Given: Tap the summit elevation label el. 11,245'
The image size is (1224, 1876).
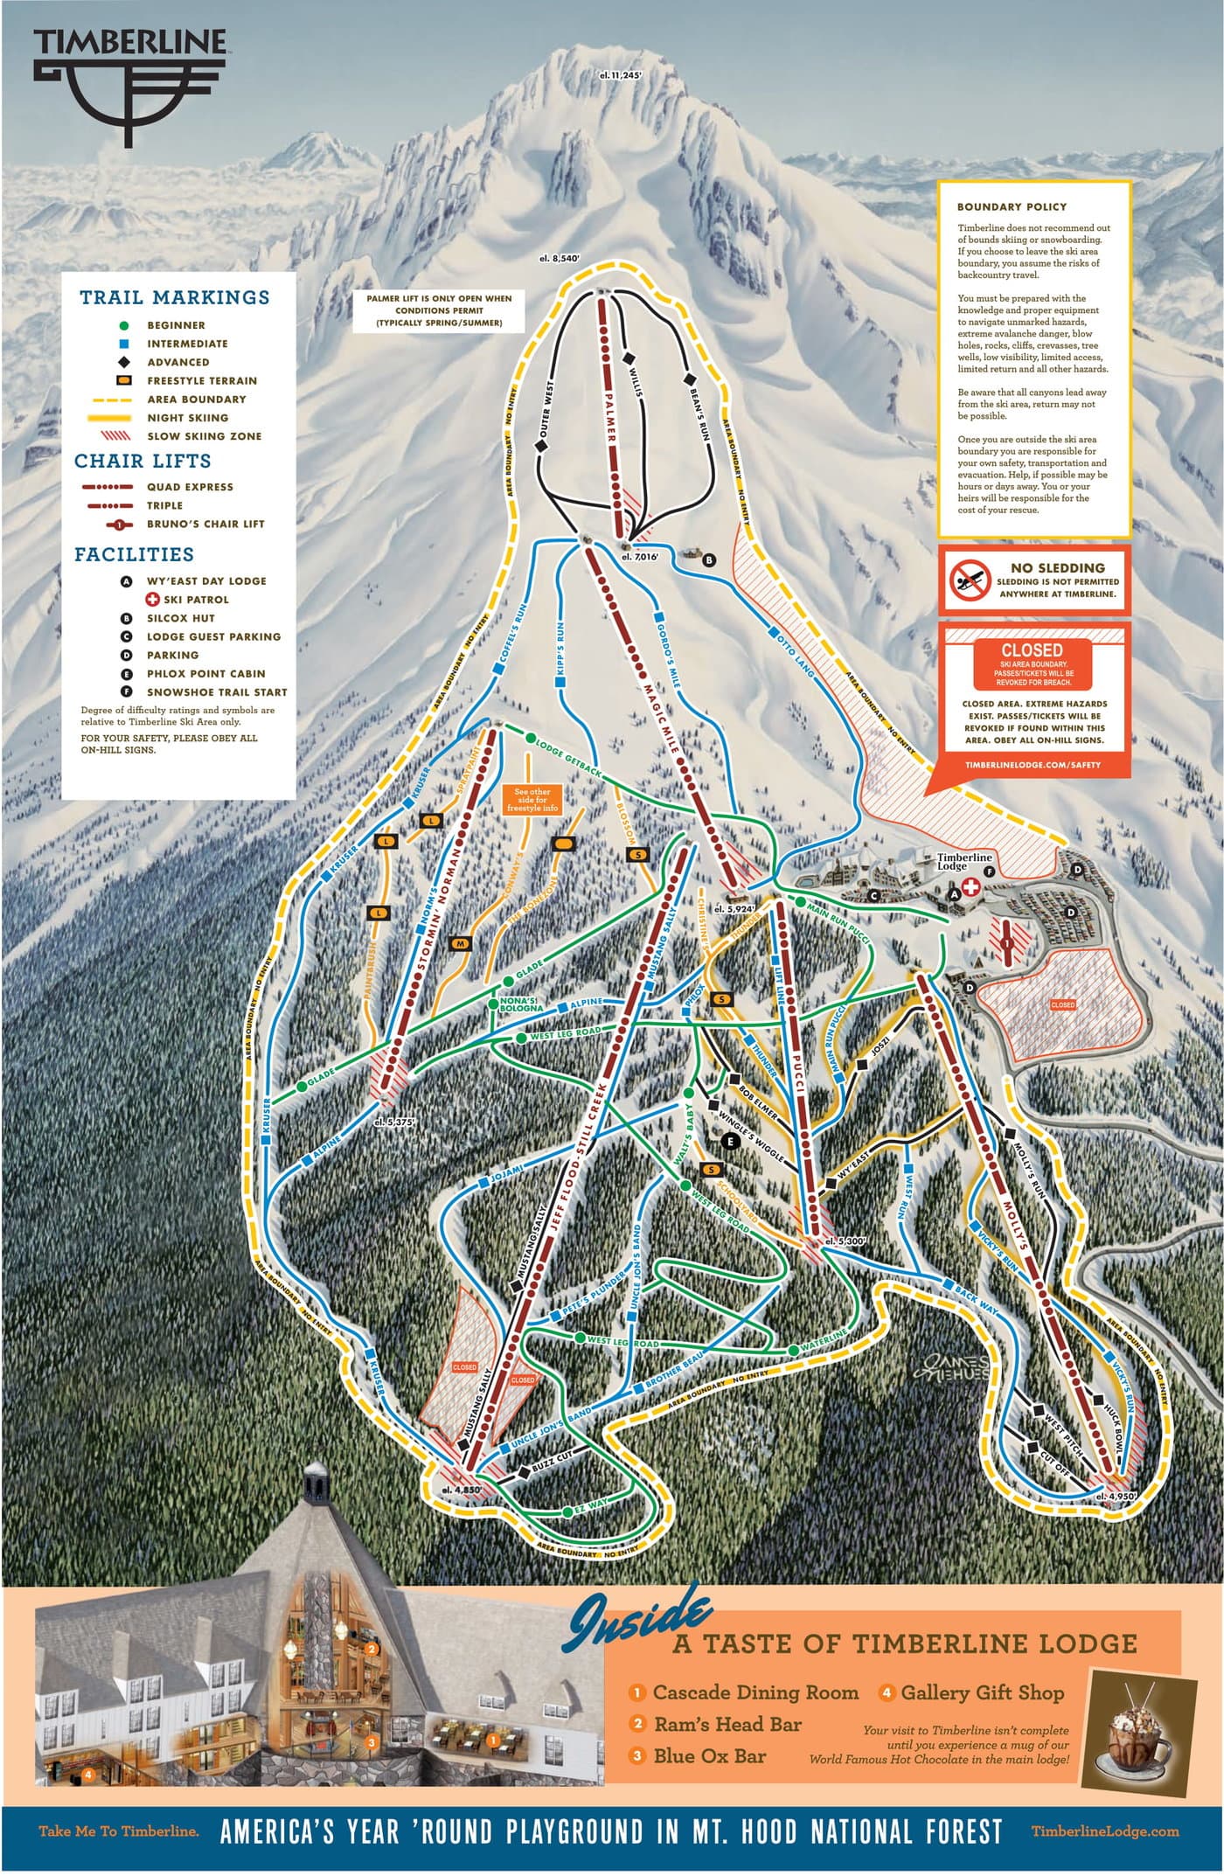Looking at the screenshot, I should [x=621, y=76].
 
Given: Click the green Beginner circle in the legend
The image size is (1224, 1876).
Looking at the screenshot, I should [x=125, y=325].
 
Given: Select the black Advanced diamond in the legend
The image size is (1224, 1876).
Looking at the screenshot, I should [x=125, y=362].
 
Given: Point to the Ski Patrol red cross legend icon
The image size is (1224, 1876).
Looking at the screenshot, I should [x=150, y=600].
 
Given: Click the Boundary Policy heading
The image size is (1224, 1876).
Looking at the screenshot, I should [x=1012, y=207].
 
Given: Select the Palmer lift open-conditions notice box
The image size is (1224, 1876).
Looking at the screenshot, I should [x=439, y=310].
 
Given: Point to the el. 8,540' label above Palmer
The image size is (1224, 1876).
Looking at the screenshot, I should [x=560, y=259].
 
